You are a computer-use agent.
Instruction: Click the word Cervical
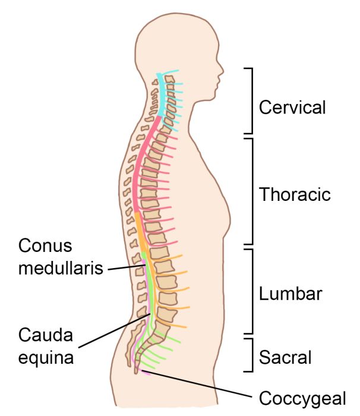[x=292, y=107]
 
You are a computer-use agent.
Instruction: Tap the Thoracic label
[x=295, y=194]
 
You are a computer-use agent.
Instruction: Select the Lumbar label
[x=290, y=294]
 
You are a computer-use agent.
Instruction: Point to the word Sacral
[x=285, y=357]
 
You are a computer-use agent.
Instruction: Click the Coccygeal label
[x=302, y=399]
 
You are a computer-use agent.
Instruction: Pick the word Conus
[x=45, y=245]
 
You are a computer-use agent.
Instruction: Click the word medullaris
[x=61, y=267]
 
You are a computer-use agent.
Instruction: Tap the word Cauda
[x=46, y=335]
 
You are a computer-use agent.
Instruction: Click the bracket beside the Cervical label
[x=252, y=101]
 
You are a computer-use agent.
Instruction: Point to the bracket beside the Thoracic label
[x=252, y=191]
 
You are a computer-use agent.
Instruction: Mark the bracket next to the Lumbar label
[x=252, y=291]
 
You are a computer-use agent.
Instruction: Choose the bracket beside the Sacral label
[x=252, y=355]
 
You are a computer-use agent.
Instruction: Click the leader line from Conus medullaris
[x=127, y=267]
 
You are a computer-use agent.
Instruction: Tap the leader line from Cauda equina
[x=115, y=330]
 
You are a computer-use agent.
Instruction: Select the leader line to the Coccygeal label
[x=196, y=384]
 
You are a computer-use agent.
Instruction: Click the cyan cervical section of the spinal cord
[x=160, y=96]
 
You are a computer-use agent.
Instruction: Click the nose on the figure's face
[x=222, y=71]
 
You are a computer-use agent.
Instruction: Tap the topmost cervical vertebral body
[x=170, y=79]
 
